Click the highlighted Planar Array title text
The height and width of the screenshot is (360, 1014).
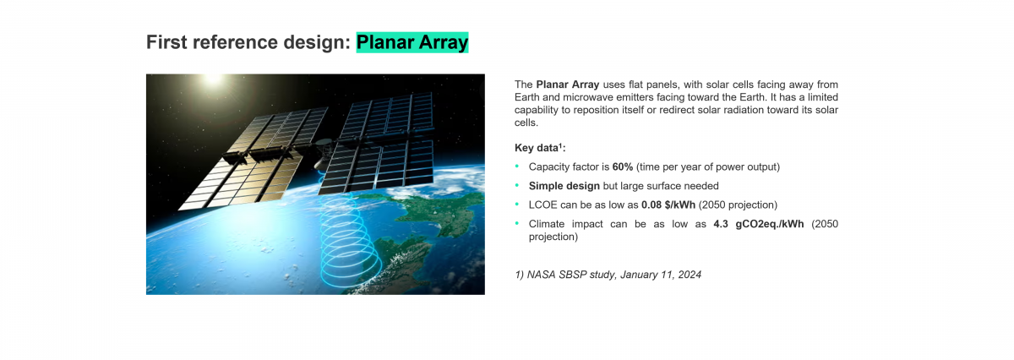pos(412,42)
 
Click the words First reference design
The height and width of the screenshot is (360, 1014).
pos(247,42)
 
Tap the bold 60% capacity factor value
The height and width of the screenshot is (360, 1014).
pos(623,166)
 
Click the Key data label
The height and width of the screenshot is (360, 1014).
pos(539,148)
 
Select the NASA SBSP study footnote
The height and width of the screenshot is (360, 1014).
pos(608,275)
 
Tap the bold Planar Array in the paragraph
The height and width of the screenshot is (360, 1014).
pos(567,85)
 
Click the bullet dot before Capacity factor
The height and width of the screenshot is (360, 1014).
pos(517,166)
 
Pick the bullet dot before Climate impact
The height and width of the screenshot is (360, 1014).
pos(517,223)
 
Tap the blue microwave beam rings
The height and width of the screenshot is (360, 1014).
pos(350,246)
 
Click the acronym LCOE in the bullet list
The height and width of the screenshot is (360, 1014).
pos(543,205)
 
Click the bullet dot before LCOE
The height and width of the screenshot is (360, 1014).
pos(517,205)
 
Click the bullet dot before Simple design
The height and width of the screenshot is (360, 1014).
pos(517,185)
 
